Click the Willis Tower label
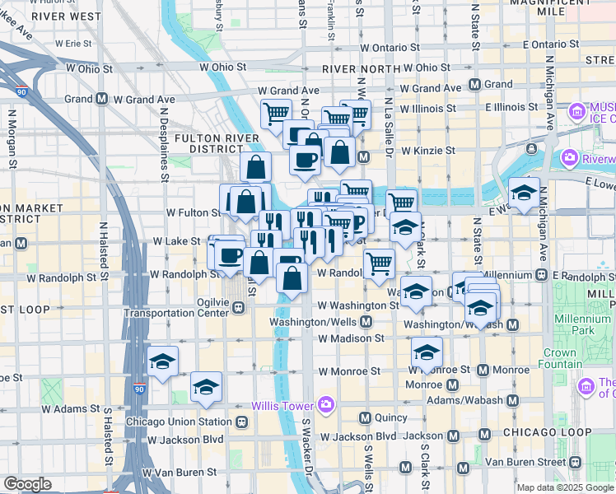tap(282, 406)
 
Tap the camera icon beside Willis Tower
tap(326, 404)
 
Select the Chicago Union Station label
tap(179, 422)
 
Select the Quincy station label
tap(390, 418)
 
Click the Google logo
tap(27, 484)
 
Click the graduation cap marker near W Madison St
tap(427, 352)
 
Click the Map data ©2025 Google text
tap(563, 487)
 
